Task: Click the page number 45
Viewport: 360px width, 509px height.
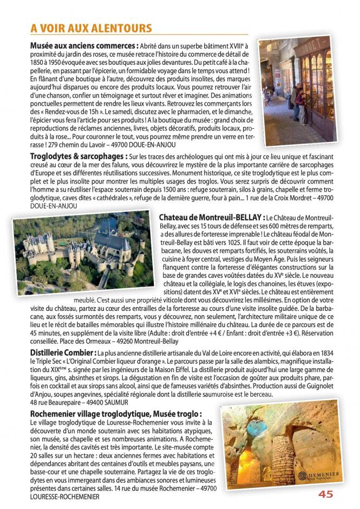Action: pos(326,494)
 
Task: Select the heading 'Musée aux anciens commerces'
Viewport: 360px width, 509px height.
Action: pos(83,45)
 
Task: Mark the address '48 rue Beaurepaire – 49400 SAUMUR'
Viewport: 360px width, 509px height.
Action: pos(80,403)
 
